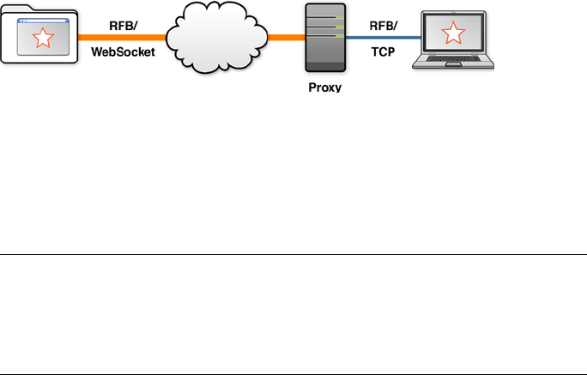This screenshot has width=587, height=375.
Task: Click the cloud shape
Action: click(217, 37)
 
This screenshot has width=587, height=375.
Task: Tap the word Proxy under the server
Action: click(325, 88)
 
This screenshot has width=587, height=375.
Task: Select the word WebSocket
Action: click(123, 51)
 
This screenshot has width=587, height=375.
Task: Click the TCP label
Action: click(383, 51)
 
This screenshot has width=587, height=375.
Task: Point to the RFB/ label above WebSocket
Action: click(124, 26)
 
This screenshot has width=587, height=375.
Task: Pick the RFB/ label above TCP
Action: click(384, 26)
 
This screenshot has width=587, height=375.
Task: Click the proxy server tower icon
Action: click(325, 38)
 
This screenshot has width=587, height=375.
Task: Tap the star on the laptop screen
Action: click(453, 33)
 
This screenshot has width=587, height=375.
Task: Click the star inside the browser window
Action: click(43, 38)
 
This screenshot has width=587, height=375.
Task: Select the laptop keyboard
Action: click(453, 58)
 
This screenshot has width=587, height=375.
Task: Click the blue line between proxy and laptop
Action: click(384, 38)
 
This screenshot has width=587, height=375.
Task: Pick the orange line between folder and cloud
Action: click(122, 38)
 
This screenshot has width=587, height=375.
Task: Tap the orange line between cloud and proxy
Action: click(287, 38)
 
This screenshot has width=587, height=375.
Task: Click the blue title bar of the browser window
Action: click(43, 21)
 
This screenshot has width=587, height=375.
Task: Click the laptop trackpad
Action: click(453, 64)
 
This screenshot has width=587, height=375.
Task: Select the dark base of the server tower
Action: click(325, 67)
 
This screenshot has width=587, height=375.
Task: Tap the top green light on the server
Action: click(340, 17)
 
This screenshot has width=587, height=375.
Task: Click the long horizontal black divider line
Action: click(293, 254)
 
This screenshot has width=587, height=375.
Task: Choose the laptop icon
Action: click(453, 39)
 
